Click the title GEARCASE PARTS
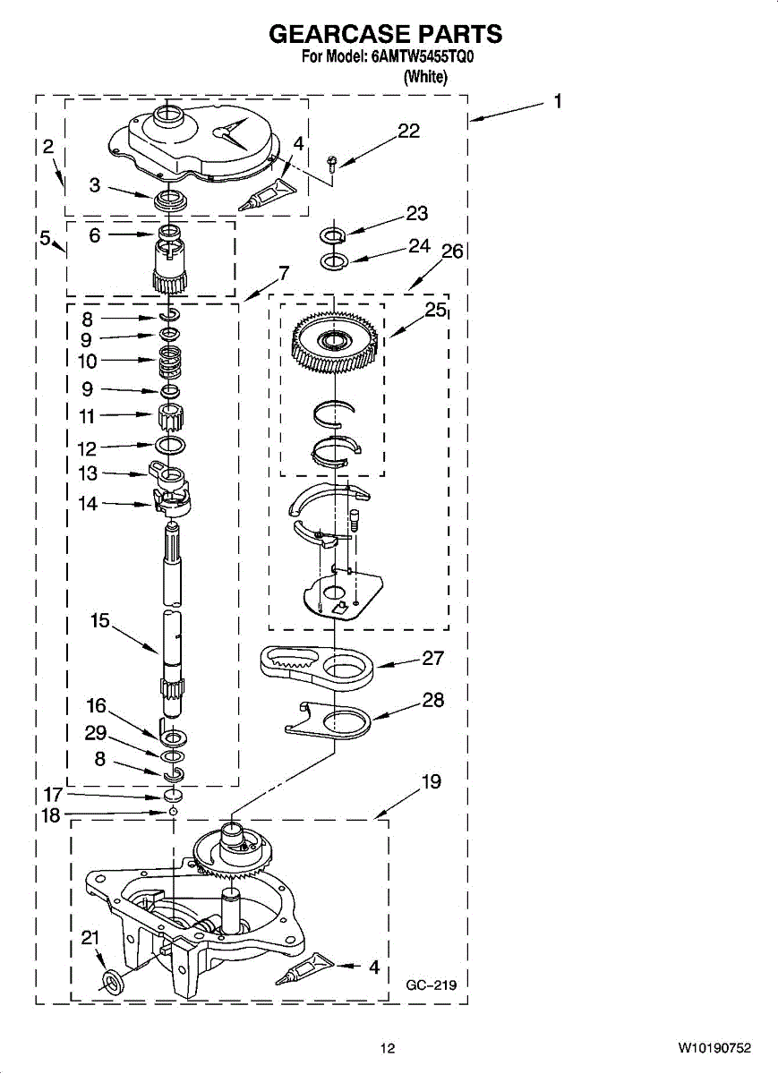pos(386,34)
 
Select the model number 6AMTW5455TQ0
pos(421,58)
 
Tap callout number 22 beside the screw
pos(408,132)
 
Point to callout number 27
pos(433,658)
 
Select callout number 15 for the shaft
pos(99,620)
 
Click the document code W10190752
pos(714,1048)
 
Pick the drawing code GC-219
pos(431,985)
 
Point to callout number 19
pos(431,782)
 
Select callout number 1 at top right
pos(557,102)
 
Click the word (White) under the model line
pos(424,77)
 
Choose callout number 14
pos(88,504)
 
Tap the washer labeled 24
pos(333,261)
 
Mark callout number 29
pos(96,733)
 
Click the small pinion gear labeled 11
pos(170,416)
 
